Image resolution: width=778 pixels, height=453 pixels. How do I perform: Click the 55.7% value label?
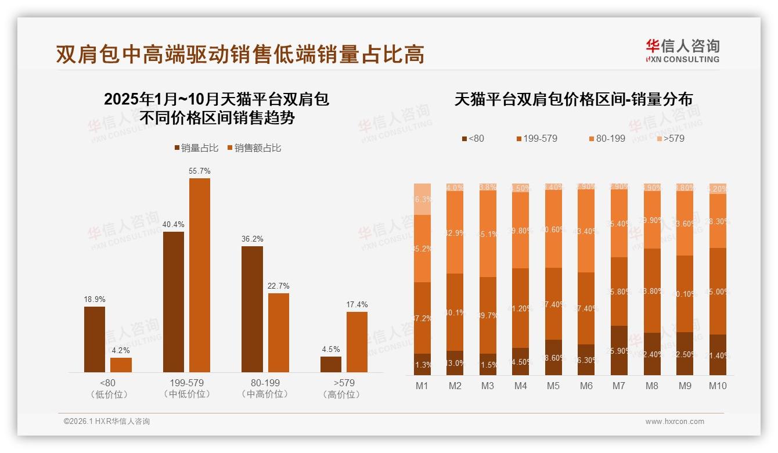pyautogui.click(x=200, y=171)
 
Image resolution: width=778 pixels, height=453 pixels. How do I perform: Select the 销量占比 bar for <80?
pyautogui.click(x=95, y=339)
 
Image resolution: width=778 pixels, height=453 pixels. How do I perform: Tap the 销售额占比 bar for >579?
pyautogui.click(x=357, y=342)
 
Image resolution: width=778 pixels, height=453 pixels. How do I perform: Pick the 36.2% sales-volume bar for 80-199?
pyautogui.click(x=252, y=309)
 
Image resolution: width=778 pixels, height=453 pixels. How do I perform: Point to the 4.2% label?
pyautogui.click(x=121, y=351)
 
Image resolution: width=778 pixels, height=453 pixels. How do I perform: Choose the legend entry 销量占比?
pyautogui.click(x=196, y=148)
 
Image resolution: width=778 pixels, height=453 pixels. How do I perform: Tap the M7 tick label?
pyautogui.click(x=619, y=386)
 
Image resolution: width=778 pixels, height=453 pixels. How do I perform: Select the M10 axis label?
pyautogui.click(x=718, y=386)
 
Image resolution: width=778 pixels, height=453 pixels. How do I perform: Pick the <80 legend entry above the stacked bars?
pyautogui.click(x=473, y=138)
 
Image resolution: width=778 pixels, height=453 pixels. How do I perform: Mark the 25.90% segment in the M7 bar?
pyautogui.click(x=619, y=350)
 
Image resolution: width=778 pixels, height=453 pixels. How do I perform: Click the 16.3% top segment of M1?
pyautogui.click(x=422, y=199)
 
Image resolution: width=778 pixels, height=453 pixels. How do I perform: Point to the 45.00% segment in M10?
pyautogui.click(x=718, y=291)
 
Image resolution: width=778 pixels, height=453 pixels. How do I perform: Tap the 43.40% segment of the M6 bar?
pyautogui.click(x=586, y=231)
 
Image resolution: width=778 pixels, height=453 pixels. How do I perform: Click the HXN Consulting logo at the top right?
pyautogui.click(x=682, y=51)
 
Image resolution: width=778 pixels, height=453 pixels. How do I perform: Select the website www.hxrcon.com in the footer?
pyautogui.click(x=675, y=422)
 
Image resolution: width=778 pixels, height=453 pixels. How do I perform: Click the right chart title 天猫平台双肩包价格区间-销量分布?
pyautogui.click(x=573, y=99)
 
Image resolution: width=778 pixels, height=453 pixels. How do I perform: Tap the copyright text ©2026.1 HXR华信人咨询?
pyautogui.click(x=107, y=422)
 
